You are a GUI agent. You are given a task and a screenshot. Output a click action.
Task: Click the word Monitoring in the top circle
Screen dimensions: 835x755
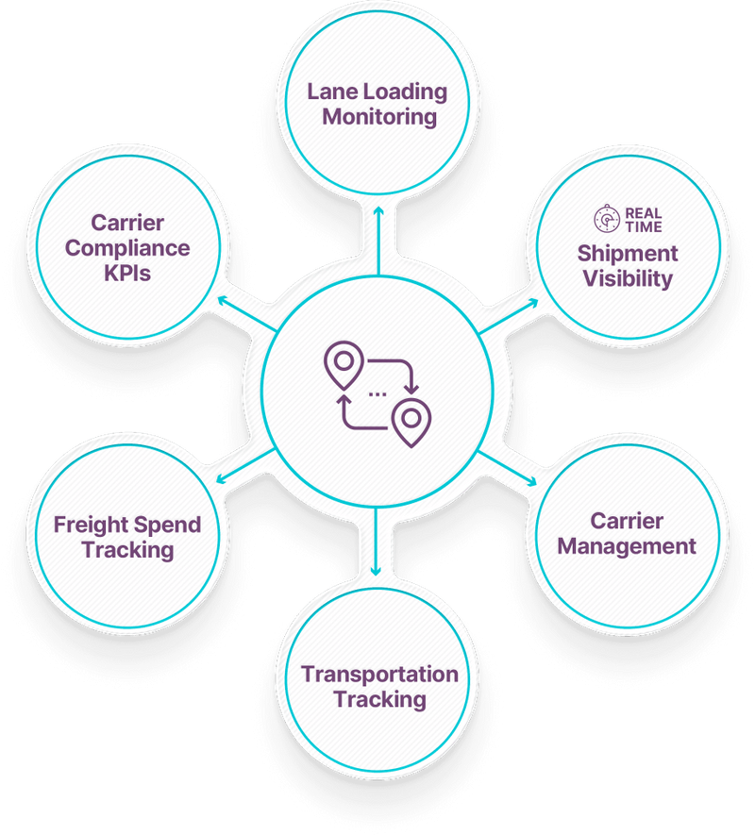376,118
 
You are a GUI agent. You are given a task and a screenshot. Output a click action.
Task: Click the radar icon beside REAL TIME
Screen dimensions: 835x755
606,220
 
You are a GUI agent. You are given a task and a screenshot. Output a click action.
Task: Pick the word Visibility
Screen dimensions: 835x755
628,278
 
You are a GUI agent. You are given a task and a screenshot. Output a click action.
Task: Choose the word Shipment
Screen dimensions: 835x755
628,254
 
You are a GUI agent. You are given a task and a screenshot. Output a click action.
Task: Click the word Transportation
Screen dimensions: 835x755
379,675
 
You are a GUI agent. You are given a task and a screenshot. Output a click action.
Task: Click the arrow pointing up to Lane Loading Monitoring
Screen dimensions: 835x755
377,212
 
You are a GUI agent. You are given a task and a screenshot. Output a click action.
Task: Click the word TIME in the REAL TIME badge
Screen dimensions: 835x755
644,227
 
